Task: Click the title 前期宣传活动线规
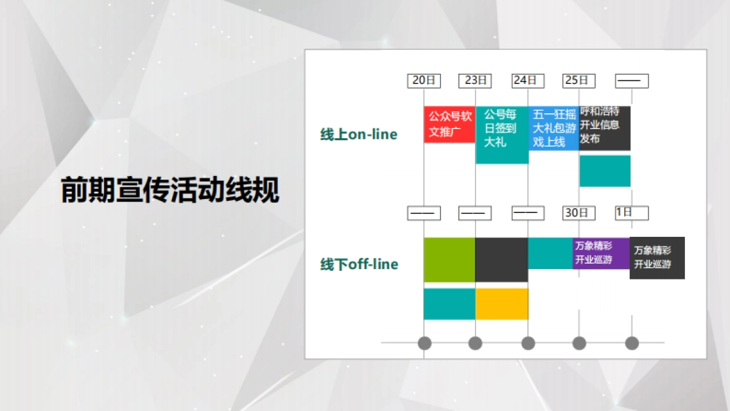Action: coord(170,191)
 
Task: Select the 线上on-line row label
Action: coord(359,135)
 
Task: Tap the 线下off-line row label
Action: coord(360,264)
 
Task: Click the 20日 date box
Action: coord(424,80)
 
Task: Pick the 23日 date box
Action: coord(476,80)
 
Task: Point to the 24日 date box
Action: coord(527,80)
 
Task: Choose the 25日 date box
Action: coord(579,80)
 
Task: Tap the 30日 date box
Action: coord(579,213)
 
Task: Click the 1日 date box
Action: coord(631,213)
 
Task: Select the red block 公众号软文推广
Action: coord(450,125)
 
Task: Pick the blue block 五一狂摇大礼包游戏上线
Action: coord(554,128)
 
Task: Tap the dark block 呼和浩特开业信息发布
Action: coord(605,128)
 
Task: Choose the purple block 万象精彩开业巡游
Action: coord(601,253)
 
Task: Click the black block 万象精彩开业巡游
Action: coord(657,258)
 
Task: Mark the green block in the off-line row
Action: coord(450,260)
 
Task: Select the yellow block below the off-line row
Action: coord(502,304)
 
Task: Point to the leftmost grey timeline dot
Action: coord(425,343)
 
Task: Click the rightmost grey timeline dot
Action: coord(632,343)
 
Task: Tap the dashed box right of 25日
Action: coord(631,80)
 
